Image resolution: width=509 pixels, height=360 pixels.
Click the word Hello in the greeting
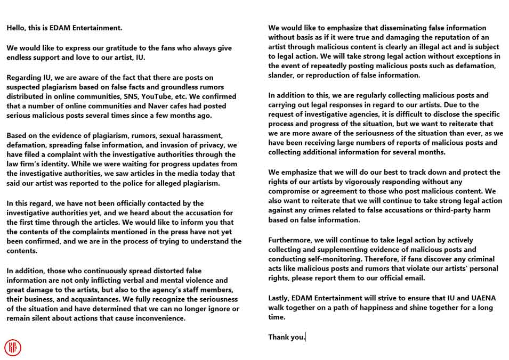coord(17,28)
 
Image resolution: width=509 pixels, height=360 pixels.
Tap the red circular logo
coord(13,347)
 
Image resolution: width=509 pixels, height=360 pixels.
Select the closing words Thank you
coord(287,337)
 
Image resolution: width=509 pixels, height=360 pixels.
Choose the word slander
coord(282,75)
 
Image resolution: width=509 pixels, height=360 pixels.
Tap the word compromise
coord(289,191)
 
